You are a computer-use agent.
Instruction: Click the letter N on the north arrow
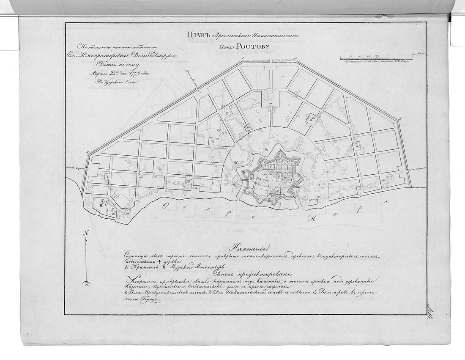[86, 233]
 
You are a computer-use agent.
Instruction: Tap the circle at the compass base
[86, 283]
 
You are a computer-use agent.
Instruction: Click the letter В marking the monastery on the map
[101, 208]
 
